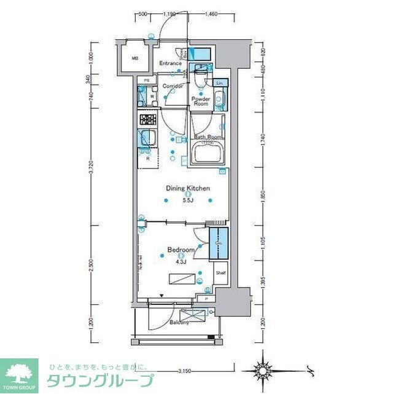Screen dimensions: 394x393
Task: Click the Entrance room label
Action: [170, 63]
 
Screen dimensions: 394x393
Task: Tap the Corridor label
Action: [173, 86]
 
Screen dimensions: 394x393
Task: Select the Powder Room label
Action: [201, 101]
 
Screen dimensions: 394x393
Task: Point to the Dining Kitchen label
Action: [188, 189]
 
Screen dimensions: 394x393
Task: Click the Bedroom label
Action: [181, 250]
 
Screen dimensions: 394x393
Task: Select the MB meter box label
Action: [134, 59]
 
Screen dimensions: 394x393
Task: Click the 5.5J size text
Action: [188, 200]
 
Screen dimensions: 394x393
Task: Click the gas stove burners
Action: [148, 120]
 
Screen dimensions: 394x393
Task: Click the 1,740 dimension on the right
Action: [263, 141]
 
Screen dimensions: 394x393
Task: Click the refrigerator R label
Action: [148, 159]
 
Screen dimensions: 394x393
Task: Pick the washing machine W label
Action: [151, 97]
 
